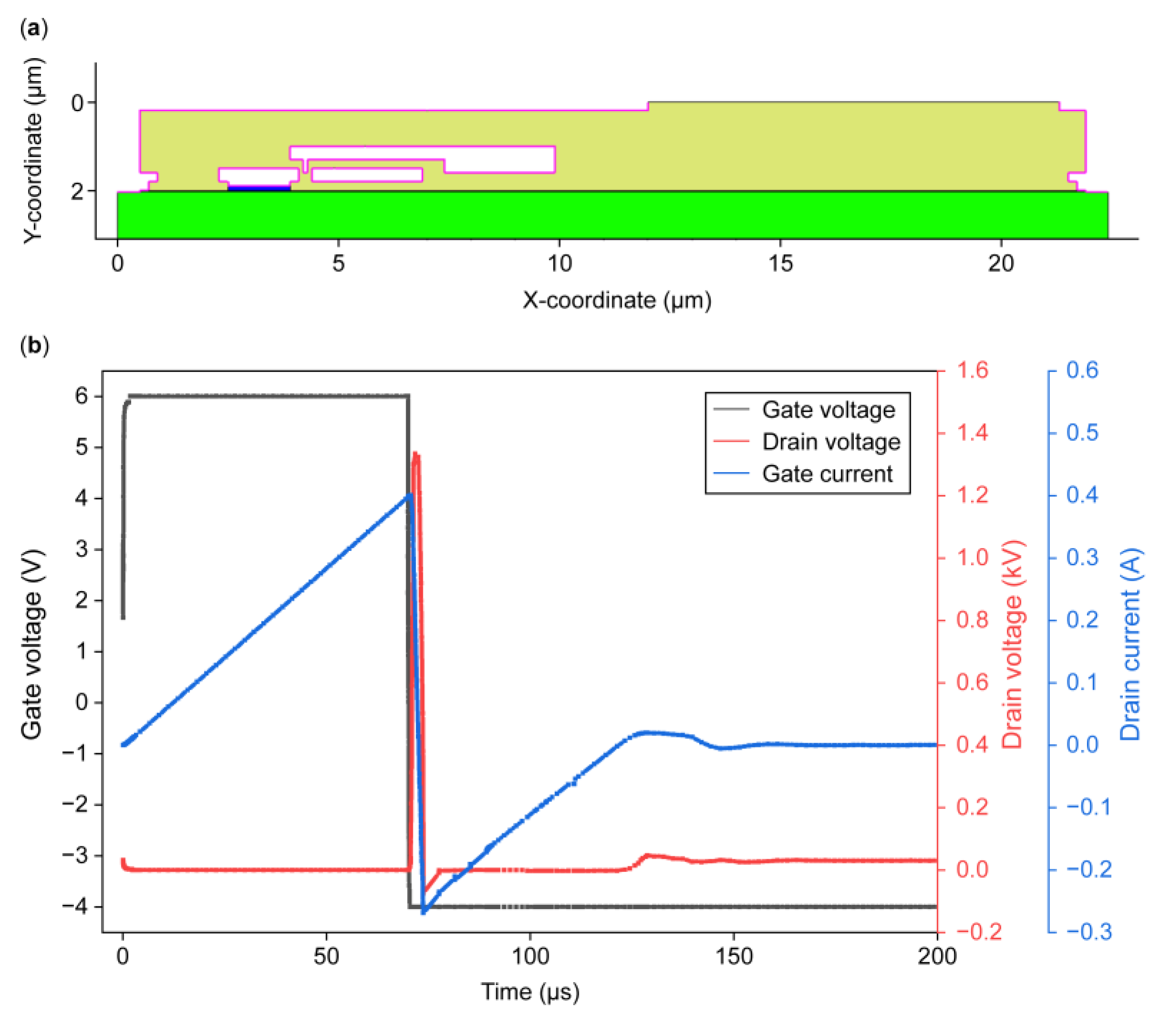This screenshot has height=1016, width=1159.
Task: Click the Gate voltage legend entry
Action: click(x=828, y=410)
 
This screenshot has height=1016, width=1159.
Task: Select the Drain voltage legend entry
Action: click(x=831, y=442)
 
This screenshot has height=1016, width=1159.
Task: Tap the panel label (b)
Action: click(x=34, y=345)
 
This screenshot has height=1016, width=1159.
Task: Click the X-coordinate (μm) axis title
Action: click(x=616, y=300)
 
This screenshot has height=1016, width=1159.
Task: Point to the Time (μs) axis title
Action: click(x=530, y=992)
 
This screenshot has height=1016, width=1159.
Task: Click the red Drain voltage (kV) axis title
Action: click(x=1011, y=643)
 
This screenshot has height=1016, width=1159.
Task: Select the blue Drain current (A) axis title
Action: click(x=1129, y=643)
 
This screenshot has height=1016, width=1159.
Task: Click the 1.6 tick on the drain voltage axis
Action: click(x=972, y=371)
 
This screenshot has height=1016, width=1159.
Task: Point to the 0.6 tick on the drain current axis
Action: click(x=1082, y=371)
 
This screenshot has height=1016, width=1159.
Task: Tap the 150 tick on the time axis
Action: click(x=733, y=957)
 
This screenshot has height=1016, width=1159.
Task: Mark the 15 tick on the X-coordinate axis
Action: click(x=780, y=264)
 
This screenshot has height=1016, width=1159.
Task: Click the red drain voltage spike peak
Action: click(x=416, y=454)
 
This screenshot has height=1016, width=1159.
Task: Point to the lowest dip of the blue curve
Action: click(x=423, y=912)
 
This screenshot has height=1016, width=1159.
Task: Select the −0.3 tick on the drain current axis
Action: click(x=1088, y=932)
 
